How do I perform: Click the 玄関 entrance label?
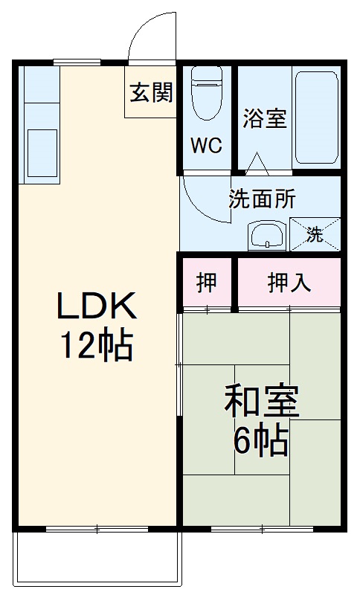tap(152, 93)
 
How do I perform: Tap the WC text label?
tap(205, 145)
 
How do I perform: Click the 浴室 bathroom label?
tap(265, 119)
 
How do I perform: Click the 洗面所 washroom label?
tap(262, 199)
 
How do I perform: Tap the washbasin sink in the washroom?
tap(266, 237)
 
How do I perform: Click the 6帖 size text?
tap(262, 442)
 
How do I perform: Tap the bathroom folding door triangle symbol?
tap(257, 161)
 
